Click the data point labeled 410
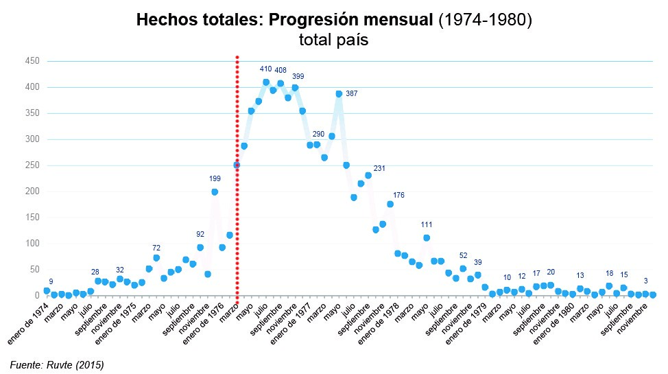pos(266,82)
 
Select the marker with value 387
pos(339,94)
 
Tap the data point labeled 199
pos(215,192)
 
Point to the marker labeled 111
pos(427,238)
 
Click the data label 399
pos(298,76)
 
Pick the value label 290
pos(318,135)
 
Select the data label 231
pos(379,169)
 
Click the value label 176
pos(398,196)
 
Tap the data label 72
pos(156,248)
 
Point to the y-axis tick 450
pos(34,61)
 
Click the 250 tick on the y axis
pos(34,165)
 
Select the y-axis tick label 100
pos(34,244)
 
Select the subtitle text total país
pos(334,40)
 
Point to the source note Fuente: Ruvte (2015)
pos(57,364)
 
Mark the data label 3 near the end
pos(645,281)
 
